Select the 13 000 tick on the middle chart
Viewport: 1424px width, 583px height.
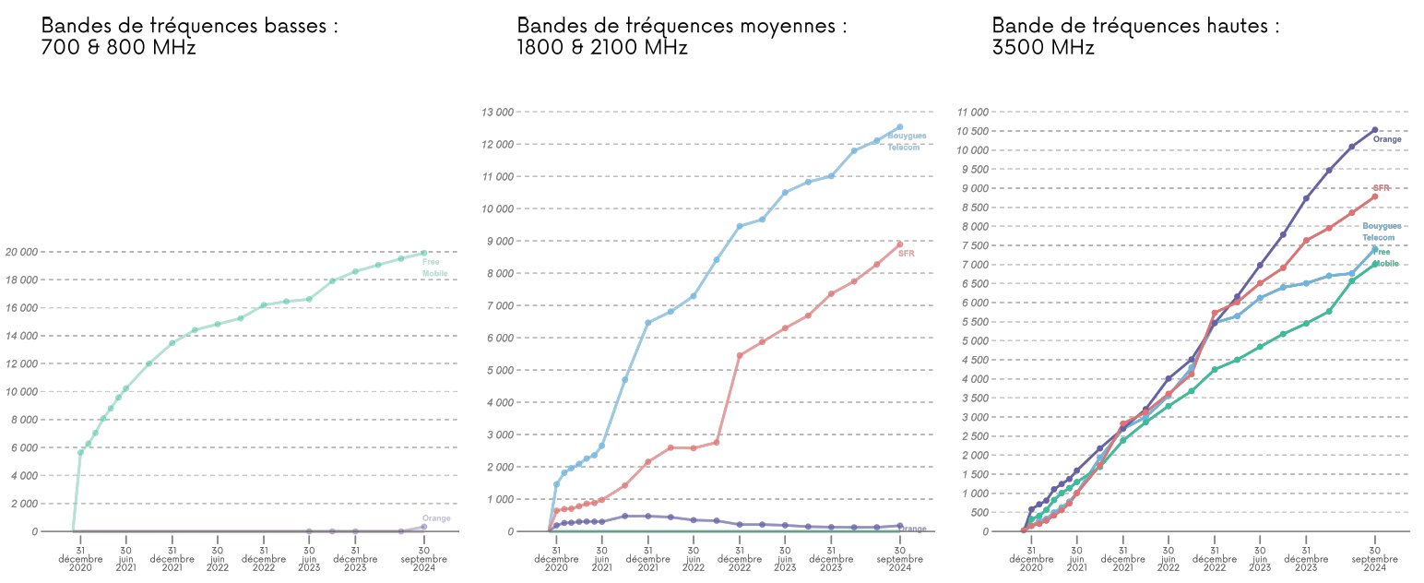[497, 113]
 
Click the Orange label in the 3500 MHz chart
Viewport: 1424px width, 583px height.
[1387, 140]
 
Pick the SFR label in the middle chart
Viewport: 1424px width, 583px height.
[906, 254]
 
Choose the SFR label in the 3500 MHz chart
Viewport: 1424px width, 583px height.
[1381, 188]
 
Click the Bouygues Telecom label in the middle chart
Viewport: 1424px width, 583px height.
[907, 142]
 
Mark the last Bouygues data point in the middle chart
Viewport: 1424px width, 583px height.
[899, 127]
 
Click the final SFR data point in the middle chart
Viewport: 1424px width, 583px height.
[899, 244]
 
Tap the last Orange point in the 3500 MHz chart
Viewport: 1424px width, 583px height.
[1374, 130]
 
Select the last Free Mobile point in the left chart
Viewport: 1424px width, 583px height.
[423, 253]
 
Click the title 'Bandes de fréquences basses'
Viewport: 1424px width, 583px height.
[189, 26]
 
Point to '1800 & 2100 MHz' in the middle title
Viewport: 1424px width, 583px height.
[601, 47]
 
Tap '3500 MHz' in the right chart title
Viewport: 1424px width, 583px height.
[1043, 47]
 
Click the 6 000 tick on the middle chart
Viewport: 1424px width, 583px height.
[497, 338]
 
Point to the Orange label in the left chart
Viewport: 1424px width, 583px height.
[436, 518]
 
